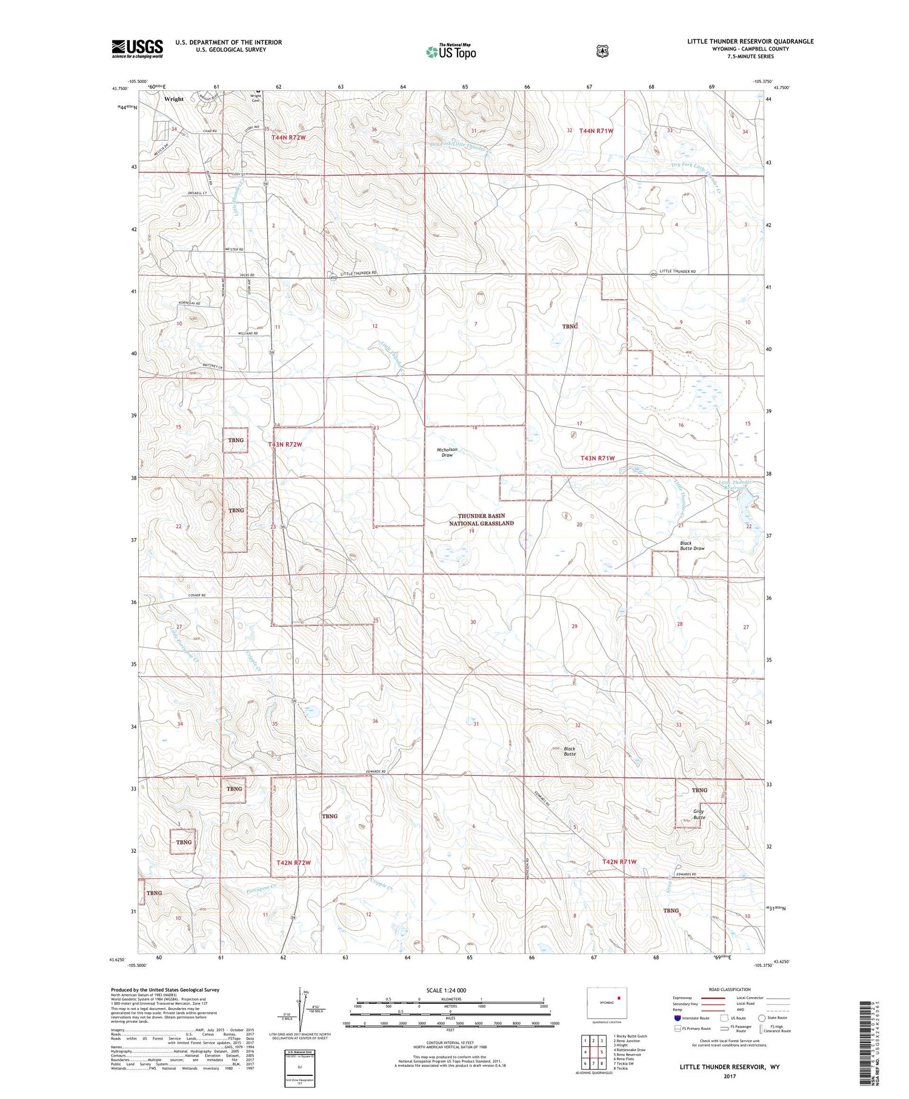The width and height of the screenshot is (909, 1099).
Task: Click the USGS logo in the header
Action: coord(137,48)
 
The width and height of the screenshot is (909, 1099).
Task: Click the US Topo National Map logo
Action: coord(451,52)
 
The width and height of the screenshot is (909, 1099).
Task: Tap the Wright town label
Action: coord(173,99)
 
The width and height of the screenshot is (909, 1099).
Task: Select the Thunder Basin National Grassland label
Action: coord(481,519)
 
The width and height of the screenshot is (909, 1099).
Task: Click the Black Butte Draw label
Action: coord(691,546)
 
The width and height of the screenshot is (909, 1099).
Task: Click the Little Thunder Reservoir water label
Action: coord(735,485)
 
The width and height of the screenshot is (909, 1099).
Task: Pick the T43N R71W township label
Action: coord(598,458)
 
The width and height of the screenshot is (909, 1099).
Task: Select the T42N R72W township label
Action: coord(293,862)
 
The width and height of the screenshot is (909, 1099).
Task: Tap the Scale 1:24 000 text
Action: coord(446,990)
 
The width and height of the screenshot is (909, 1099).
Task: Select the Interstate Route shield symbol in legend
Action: coord(677,1018)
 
